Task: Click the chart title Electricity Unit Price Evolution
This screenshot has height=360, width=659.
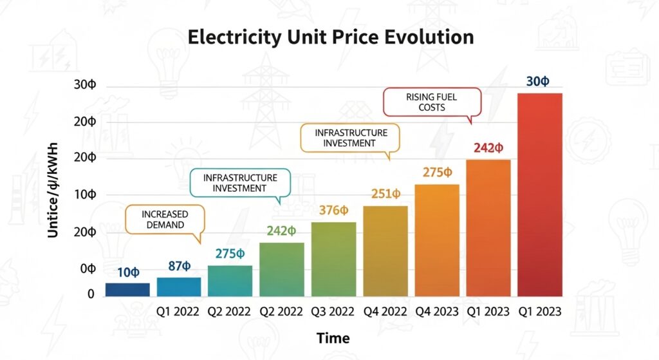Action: [330, 37]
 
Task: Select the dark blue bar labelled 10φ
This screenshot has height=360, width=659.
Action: [127, 289]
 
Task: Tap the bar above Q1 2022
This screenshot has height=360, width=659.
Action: [179, 287]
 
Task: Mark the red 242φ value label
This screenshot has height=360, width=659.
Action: [488, 147]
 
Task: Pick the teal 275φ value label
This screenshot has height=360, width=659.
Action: [230, 254]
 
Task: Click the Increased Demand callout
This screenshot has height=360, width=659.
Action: [164, 219]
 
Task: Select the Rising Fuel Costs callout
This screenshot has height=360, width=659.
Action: [432, 102]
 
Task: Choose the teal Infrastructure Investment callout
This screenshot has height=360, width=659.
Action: [240, 183]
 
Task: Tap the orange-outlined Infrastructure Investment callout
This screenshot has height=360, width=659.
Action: [350, 138]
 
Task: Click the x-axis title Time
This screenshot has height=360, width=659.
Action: [333, 338]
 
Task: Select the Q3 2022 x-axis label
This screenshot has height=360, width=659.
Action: [333, 312]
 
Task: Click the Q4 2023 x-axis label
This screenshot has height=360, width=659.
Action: [437, 312]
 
